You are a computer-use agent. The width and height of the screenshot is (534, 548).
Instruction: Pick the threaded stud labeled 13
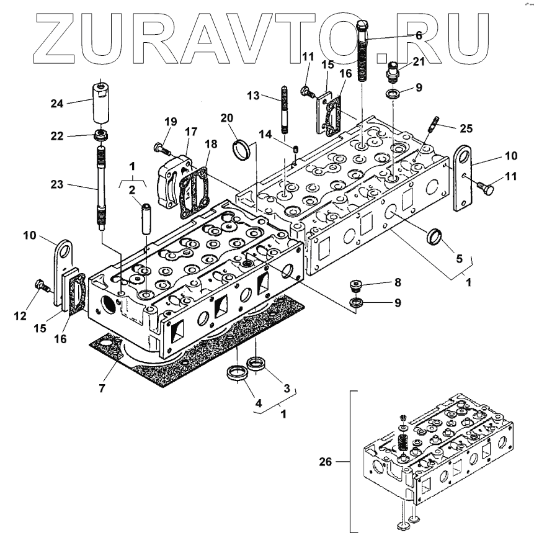285,112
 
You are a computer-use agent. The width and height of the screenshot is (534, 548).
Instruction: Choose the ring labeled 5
435,237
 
